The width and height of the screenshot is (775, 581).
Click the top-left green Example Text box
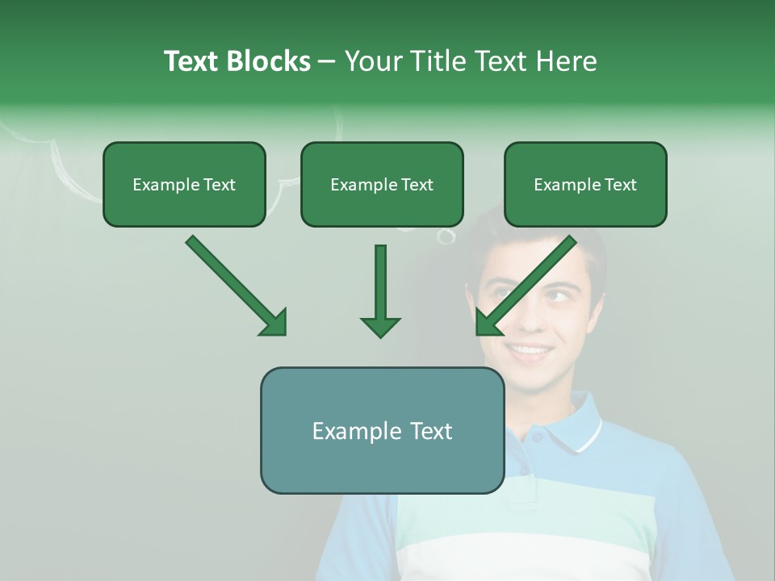[x=184, y=185]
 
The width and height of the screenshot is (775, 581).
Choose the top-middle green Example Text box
[x=382, y=185]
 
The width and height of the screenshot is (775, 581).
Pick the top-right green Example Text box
[x=585, y=185]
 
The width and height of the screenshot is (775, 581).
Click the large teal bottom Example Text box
[x=382, y=431]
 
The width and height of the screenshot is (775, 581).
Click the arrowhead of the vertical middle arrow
[x=380, y=326]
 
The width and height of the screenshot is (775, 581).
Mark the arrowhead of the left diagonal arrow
[x=274, y=323]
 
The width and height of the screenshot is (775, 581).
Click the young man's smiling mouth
[x=530, y=351]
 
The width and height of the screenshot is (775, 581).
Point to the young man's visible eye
[x=557, y=295]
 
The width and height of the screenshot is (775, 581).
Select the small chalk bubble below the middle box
[x=445, y=236]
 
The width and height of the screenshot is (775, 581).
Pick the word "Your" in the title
[x=372, y=61]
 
